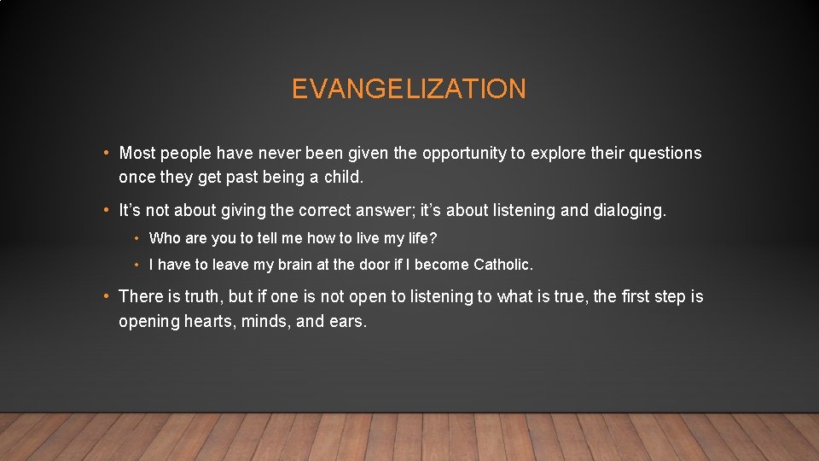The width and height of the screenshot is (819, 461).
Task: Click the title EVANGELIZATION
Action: click(409, 89)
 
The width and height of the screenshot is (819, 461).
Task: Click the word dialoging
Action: click(628, 210)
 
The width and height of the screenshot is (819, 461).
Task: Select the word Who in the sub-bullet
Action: click(163, 238)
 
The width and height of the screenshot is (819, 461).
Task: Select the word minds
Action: click(265, 322)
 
